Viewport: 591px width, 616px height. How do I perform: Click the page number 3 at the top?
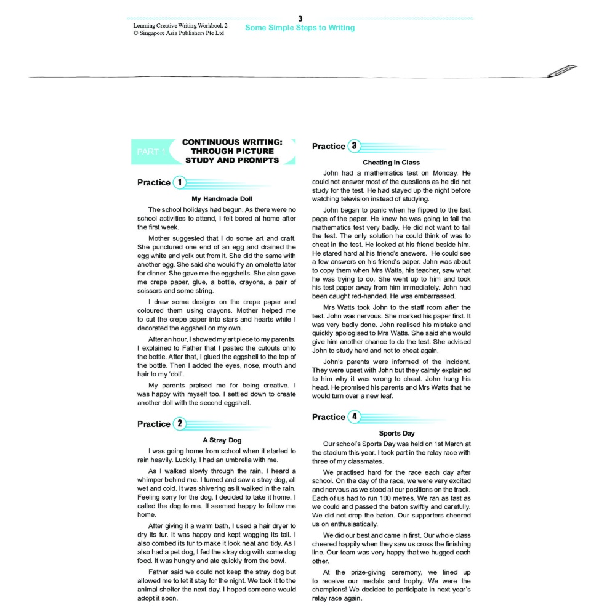tap(300, 19)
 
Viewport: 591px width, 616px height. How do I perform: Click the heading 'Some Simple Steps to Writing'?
tap(300, 28)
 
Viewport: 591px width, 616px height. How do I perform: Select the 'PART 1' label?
tap(151, 152)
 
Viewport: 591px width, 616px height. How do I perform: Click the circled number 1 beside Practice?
tap(179, 182)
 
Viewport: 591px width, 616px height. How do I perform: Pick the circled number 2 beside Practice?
tap(179, 424)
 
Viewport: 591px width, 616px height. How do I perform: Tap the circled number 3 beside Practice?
tap(354, 146)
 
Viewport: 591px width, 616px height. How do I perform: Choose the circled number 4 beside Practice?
tap(354, 417)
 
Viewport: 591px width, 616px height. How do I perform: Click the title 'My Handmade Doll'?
tap(222, 199)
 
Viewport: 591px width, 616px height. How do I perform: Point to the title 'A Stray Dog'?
tap(222, 440)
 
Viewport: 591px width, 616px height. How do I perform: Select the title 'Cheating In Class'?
tap(391, 163)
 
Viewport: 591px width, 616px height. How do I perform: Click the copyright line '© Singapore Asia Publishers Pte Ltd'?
tap(179, 33)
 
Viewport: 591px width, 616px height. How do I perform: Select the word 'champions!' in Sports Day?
tap(333, 590)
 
